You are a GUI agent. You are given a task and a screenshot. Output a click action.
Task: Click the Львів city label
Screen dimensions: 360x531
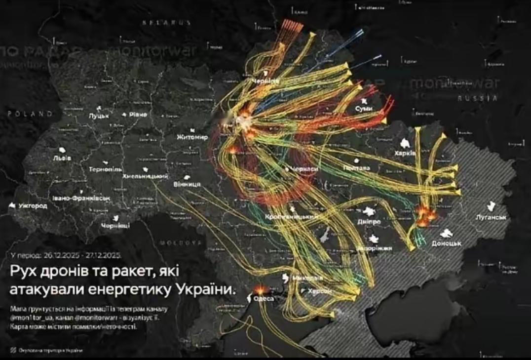coord(62,158)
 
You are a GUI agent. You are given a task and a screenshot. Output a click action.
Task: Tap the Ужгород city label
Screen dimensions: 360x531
coord(33,205)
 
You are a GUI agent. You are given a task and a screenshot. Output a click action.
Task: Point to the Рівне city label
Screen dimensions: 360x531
coord(138,114)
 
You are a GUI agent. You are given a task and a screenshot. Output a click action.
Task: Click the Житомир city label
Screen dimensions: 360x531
coord(192,137)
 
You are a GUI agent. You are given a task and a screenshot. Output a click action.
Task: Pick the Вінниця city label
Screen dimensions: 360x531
coord(187,184)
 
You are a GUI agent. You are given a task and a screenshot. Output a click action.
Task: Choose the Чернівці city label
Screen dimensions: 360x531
coord(115,225)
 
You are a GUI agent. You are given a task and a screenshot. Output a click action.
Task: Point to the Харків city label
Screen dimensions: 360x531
coord(405,153)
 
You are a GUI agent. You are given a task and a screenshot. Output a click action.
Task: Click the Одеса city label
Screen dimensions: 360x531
coord(263,298)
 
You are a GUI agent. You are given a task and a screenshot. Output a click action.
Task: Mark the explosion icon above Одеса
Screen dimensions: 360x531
coord(259,290)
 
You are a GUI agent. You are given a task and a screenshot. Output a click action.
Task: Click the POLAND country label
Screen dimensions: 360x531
coord(30,113)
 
